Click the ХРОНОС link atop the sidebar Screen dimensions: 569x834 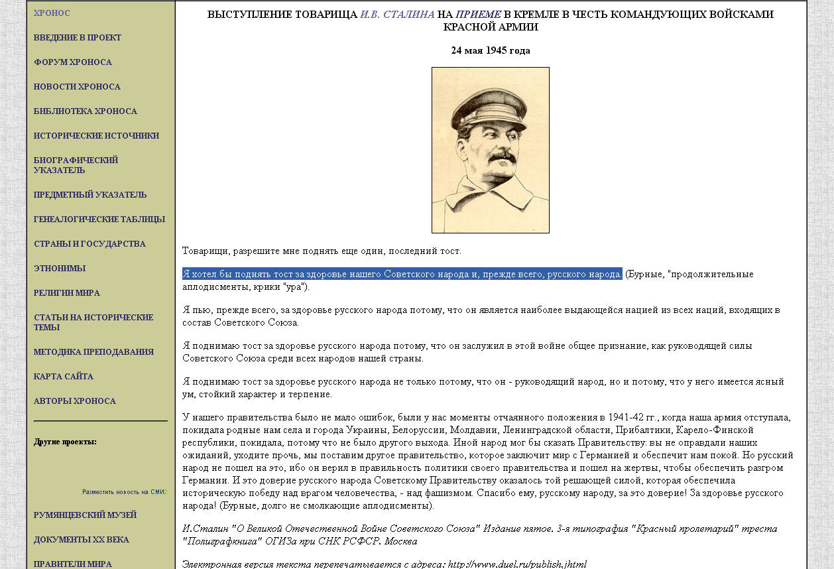[52, 13]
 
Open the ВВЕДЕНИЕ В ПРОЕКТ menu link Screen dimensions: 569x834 [78, 38]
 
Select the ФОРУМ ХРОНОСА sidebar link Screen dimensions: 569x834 [73, 62]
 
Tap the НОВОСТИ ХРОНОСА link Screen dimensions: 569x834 [77, 87]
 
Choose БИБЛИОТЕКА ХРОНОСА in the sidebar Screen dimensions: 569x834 [86, 111]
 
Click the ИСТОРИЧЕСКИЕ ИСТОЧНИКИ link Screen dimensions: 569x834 [96, 136]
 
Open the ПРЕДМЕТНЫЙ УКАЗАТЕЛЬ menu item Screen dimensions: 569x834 [90, 195]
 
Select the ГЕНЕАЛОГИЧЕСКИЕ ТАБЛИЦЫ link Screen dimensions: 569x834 [99, 220]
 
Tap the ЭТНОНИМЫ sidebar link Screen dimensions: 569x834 [60, 269]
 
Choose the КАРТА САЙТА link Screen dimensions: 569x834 [64, 377]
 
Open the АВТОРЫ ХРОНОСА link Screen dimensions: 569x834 [75, 401]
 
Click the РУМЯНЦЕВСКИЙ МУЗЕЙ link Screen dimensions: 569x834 [85, 515]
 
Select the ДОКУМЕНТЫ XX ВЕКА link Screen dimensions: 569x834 [82, 540]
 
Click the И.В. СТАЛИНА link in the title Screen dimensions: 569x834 [397, 15]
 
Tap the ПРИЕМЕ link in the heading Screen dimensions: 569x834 [478, 15]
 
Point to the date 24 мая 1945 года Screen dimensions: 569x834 [491, 50]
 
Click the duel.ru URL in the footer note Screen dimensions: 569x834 [517, 564]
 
